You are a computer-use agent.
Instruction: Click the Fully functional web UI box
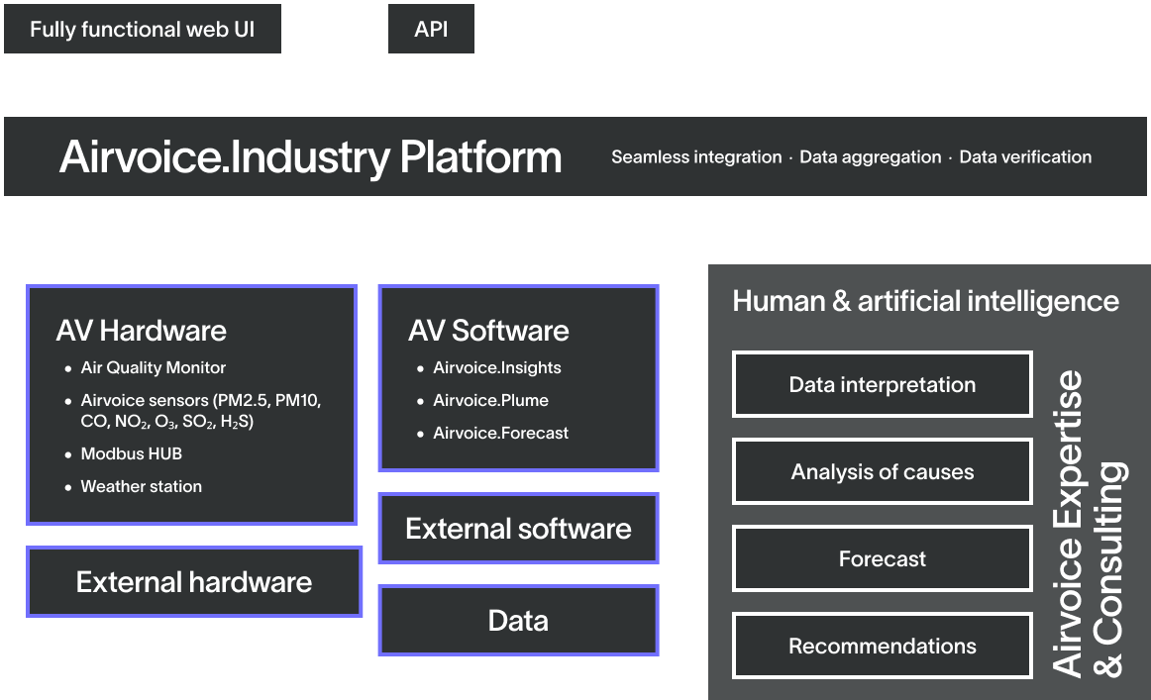143,29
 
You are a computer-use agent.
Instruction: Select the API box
431,29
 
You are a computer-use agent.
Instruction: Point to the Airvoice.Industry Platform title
310,157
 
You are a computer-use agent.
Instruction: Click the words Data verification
1025,157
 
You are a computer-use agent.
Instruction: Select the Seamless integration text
696,157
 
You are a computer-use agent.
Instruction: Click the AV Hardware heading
142,330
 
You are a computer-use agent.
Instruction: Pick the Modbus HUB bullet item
132,453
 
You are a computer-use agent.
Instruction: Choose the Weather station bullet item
142,486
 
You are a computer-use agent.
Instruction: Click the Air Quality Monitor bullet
154,367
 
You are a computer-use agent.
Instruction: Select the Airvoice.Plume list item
490,400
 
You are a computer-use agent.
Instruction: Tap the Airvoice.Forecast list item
500,433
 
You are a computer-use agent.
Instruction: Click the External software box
518,529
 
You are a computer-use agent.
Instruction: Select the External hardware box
194,582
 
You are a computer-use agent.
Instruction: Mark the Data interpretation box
882,384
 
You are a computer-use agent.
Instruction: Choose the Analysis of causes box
882,471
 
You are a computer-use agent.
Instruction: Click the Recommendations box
882,647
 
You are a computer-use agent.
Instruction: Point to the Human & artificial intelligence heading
925,301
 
